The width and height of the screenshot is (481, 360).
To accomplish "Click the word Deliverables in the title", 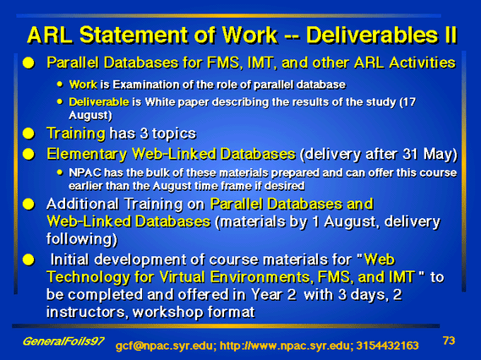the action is click(x=371, y=35).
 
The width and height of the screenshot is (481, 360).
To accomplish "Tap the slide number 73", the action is click(x=449, y=341).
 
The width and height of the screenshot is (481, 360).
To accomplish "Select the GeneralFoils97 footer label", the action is click(x=63, y=341).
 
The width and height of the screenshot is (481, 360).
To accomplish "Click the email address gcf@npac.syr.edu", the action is click(x=166, y=346).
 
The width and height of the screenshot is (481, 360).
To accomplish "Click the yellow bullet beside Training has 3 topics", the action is click(x=29, y=134).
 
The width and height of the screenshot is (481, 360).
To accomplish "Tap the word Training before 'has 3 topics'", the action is click(x=76, y=134).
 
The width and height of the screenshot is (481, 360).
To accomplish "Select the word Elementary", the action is click(x=86, y=155).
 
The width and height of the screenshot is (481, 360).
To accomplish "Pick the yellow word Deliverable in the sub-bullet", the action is click(x=99, y=101).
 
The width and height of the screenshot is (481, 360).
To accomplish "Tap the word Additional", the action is click(x=83, y=204).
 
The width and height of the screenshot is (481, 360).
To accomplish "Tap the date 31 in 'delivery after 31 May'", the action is click(x=411, y=154).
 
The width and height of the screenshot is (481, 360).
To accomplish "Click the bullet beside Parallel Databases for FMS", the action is click(x=29, y=63).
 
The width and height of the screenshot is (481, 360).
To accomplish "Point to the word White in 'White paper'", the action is click(x=160, y=101).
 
